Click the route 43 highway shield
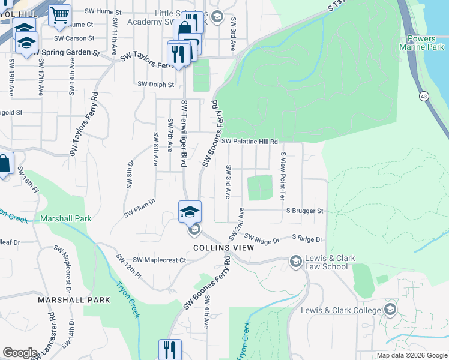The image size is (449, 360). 424,97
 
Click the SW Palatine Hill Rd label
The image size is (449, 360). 249,142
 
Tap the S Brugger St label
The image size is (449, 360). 304,211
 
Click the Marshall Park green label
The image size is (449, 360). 66,218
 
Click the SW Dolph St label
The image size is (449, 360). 155,85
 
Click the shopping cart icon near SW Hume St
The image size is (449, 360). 59,16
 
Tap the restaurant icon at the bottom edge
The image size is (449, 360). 170,349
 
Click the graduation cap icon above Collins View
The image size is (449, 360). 190,211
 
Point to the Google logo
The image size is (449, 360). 20,353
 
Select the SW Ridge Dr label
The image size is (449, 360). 262,241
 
